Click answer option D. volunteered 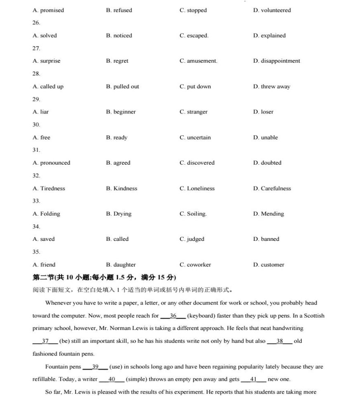point(272,10)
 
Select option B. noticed point(119,35)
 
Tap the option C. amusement point(198,61)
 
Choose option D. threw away point(271,87)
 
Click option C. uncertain point(195,137)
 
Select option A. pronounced point(51,163)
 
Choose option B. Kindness point(121,188)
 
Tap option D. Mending point(268,214)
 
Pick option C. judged point(192,239)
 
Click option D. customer point(268,265)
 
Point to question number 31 point(36,150)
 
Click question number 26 point(36,23)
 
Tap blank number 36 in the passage point(173,316)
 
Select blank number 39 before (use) point(95,367)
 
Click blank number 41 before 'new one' point(253,379)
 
